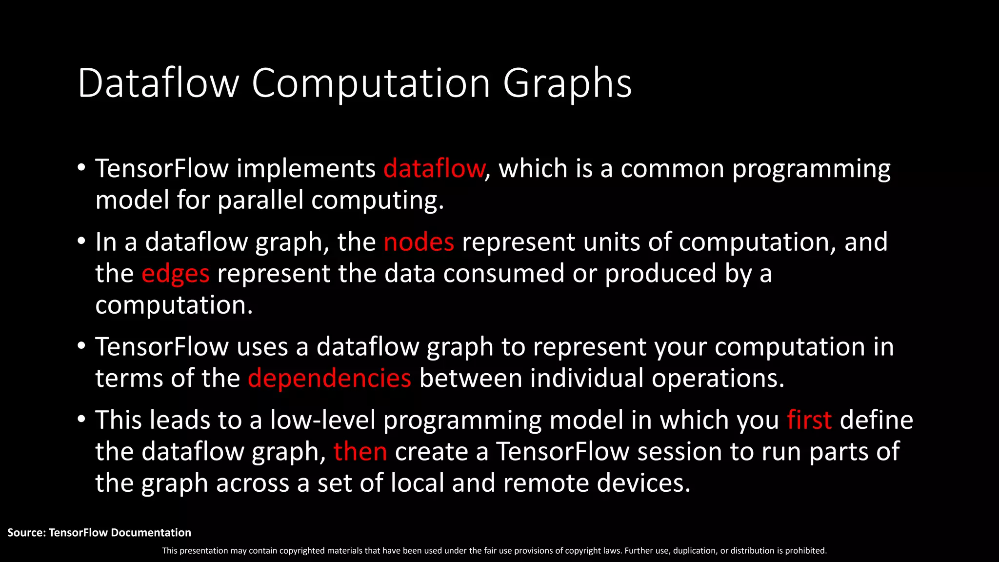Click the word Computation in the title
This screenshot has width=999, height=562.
[371, 84]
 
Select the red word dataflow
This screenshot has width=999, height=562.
[434, 169]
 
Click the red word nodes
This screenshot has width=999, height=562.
[419, 242]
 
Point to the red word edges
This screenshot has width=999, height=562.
[176, 274]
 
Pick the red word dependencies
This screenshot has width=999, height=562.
[330, 379]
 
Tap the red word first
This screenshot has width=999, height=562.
[809, 421]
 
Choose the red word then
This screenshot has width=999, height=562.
[360, 452]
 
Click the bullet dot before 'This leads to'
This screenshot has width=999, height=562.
[81, 419]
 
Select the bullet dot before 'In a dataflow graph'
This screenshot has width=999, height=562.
[81, 241]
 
